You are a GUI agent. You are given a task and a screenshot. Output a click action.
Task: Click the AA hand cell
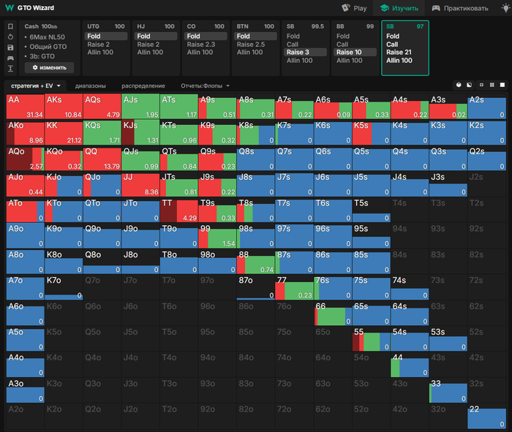pyautogui.click(x=24, y=107)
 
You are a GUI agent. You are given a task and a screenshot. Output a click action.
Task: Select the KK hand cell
pyautogui.click(x=63, y=132)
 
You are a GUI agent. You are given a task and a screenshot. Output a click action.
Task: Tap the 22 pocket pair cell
pyautogui.click(x=486, y=416)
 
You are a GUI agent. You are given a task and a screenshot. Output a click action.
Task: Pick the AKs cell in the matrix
pyautogui.click(x=63, y=107)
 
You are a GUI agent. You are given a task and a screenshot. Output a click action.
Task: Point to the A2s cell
pyautogui.click(x=486, y=107)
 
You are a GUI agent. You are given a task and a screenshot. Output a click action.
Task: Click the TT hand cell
pyautogui.click(x=178, y=209)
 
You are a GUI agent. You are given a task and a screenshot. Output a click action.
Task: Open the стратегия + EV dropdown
pyautogui.click(x=35, y=86)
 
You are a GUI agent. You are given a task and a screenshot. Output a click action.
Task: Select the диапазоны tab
pyautogui.click(x=90, y=86)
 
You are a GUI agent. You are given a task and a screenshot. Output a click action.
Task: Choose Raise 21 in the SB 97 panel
pyautogui.click(x=399, y=52)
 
